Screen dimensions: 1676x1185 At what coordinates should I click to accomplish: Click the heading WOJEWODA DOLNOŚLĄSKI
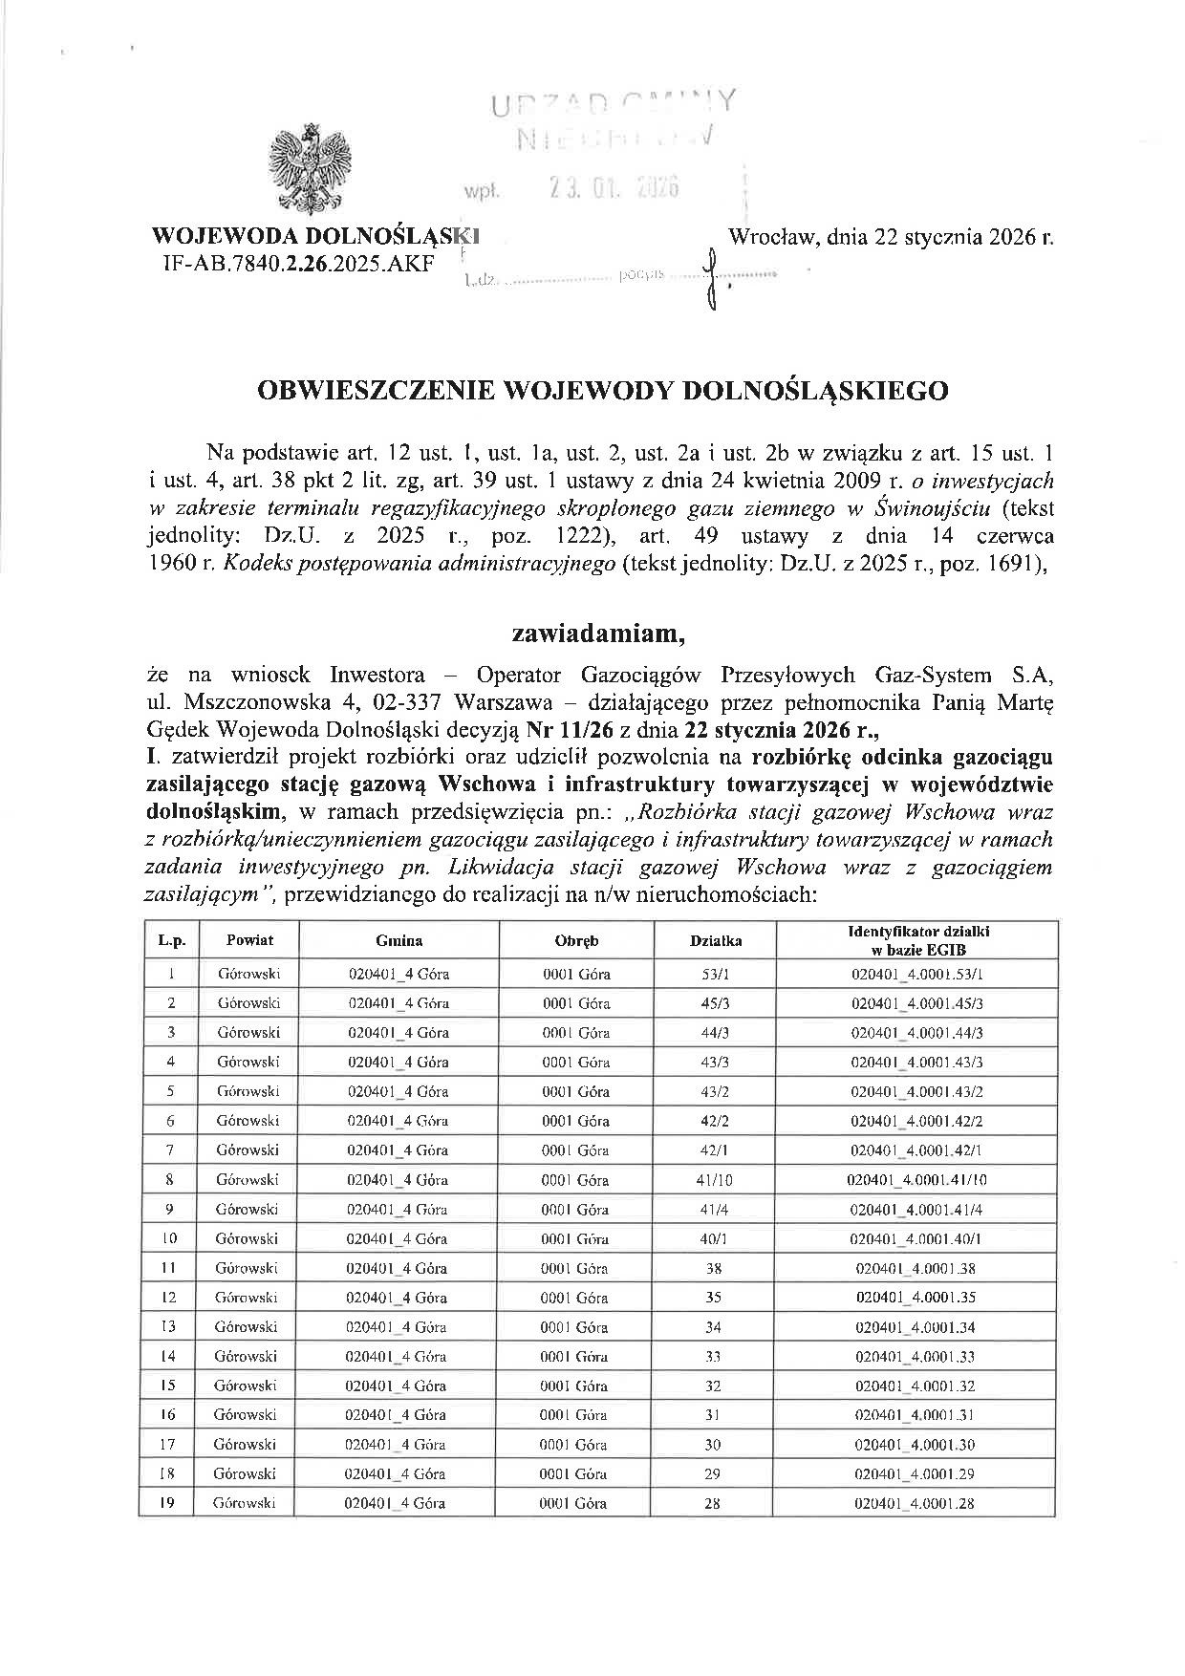(x=315, y=235)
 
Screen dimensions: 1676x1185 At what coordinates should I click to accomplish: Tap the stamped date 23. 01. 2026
(x=613, y=188)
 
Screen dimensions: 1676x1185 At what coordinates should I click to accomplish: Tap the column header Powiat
(x=249, y=940)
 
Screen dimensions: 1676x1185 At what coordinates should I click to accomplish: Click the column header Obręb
(x=576, y=940)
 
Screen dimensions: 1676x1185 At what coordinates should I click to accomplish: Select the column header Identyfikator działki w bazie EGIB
(x=916, y=940)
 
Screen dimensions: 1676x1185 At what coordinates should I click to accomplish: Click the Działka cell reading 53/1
(x=713, y=974)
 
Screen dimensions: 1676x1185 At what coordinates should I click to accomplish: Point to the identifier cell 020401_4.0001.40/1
(x=916, y=1238)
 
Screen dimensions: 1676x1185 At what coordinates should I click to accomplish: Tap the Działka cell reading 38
(x=713, y=1268)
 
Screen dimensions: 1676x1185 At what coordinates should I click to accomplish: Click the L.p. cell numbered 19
(x=170, y=1503)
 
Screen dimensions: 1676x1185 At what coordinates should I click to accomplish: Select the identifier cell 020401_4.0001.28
(x=916, y=1503)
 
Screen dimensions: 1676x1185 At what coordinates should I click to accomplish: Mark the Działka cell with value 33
(x=713, y=1356)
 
